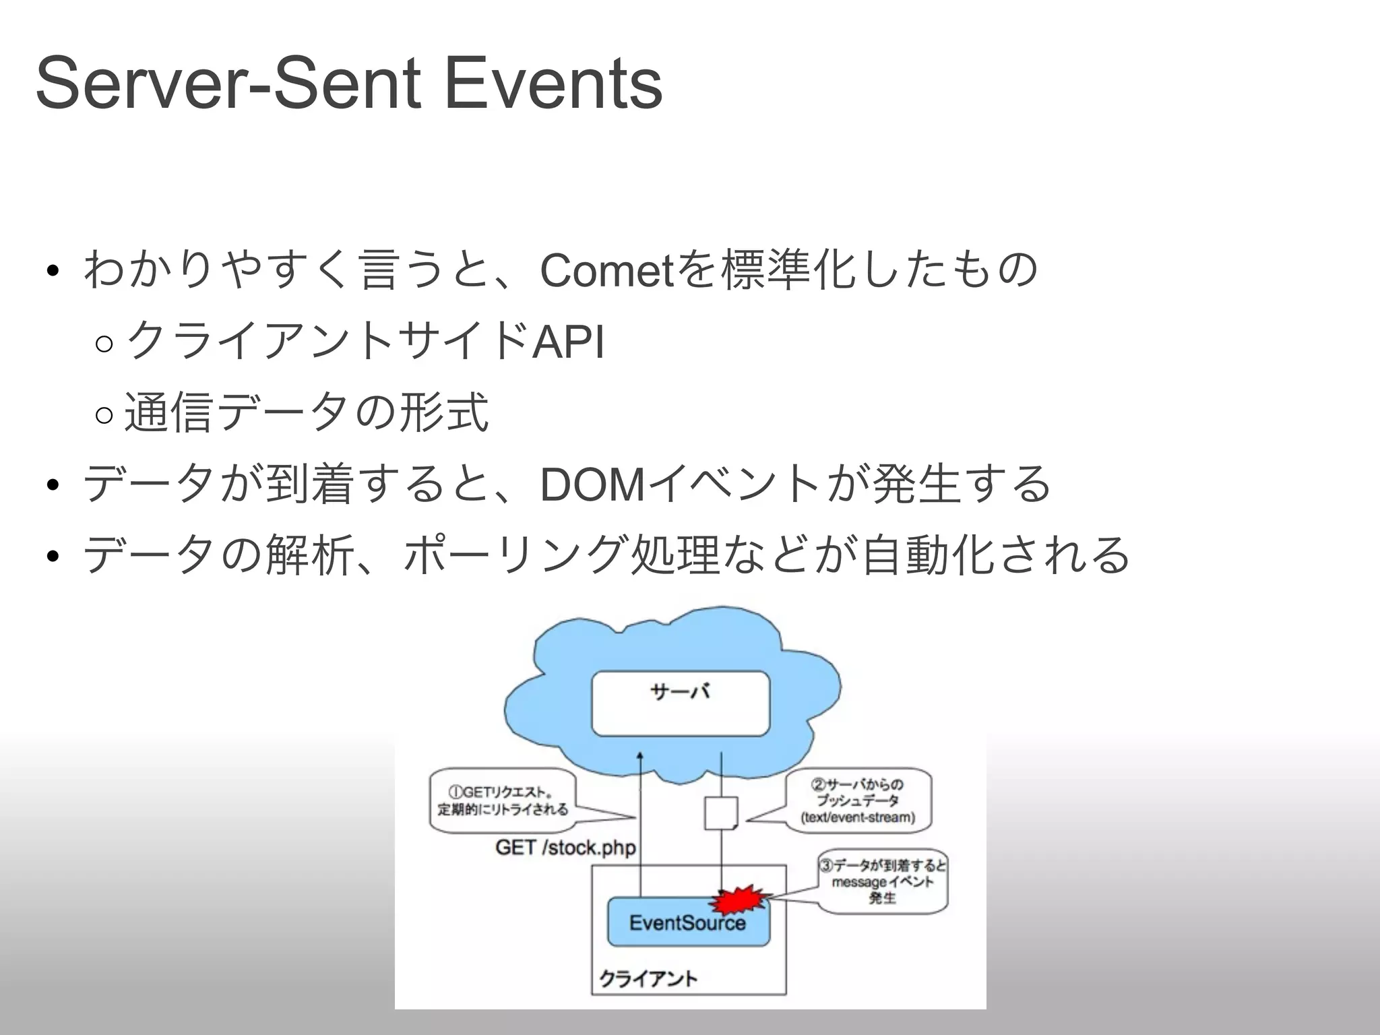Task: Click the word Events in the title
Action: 554,84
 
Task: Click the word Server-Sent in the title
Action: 229,84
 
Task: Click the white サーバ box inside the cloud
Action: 681,703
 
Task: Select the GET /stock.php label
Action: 565,848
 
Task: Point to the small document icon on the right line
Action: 721,813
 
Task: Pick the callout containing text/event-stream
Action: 858,801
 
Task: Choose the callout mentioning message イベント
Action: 883,881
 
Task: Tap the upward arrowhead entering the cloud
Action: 639,757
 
